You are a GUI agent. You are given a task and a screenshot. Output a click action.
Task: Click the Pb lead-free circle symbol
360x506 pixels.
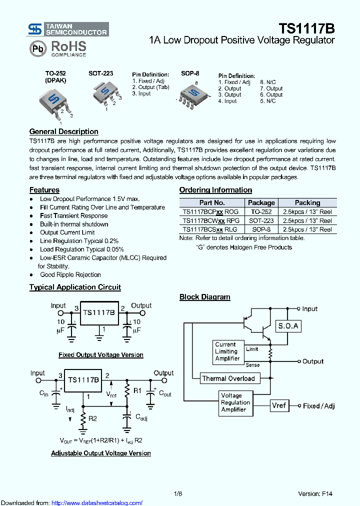(37, 49)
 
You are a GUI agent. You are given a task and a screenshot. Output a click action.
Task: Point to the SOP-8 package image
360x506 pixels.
(191, 93)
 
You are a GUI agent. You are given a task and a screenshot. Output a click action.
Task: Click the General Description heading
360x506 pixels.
(63, 131)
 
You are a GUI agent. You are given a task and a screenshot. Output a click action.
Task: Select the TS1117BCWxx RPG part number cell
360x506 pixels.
(211, 220)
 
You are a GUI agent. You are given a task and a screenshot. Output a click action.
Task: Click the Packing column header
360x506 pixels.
(307, 202)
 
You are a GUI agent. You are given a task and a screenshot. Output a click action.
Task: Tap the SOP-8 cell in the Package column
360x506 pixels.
(261, 229)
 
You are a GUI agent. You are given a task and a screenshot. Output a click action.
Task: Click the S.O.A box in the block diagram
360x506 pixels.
(288, 326)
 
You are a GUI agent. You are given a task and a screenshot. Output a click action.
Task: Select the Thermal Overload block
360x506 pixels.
(228, 378)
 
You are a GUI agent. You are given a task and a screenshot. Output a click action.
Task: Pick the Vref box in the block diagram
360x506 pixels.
(279, 405)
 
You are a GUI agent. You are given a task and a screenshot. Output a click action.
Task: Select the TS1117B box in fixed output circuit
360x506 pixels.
(99, 312)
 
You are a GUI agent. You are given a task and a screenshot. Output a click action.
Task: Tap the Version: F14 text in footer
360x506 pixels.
(315, 493)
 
